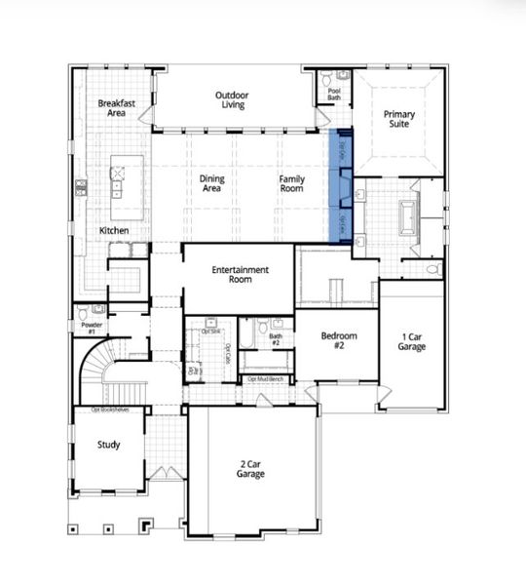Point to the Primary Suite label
(398, 121)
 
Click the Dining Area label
(211, 184)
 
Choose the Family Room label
(292, 184)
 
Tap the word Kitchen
(114, 231)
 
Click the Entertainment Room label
(240, 274)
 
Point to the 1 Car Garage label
(411, 341)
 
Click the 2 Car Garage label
(250, 469)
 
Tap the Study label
(109, 446)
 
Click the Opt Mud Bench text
(265, 378)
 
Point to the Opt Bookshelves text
(109, 409)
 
